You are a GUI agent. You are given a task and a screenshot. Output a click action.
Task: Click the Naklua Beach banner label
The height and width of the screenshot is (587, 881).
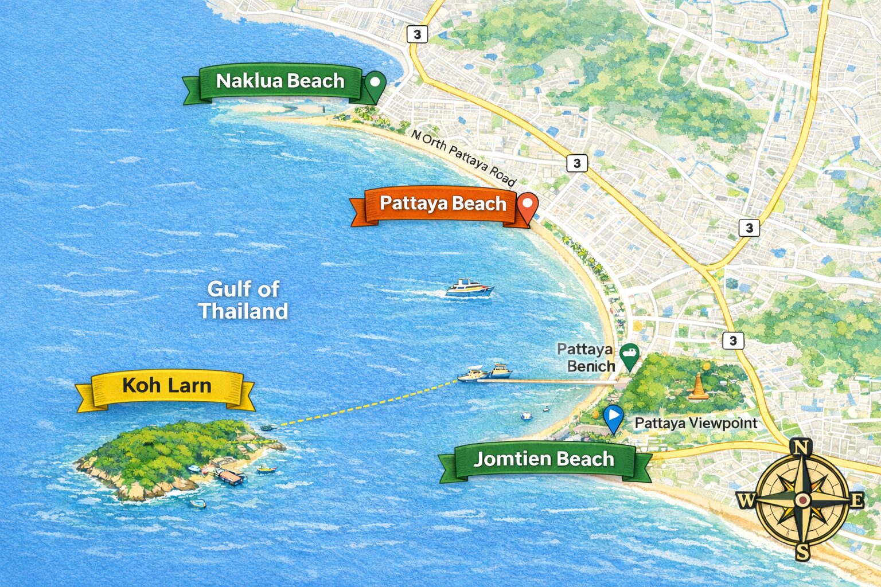click(x=280, y=81)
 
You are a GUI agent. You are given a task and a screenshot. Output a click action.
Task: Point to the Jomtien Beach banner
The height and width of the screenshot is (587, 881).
click(x=544, y=459)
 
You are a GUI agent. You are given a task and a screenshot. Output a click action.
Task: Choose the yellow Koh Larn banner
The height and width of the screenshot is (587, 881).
click(x=166, y=386)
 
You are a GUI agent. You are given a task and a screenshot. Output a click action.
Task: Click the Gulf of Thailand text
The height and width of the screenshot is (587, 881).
click(x=243, y=300)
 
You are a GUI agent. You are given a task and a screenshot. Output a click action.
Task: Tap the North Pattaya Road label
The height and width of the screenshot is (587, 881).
click(x=463, y=156)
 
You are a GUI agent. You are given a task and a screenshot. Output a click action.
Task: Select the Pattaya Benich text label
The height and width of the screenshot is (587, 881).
click(x=585, y=357)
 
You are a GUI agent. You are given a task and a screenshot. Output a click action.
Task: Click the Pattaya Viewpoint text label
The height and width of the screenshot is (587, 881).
click(x=696, y=424)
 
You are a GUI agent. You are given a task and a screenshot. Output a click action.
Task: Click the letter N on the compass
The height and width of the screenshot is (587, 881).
click(x=801, y=446)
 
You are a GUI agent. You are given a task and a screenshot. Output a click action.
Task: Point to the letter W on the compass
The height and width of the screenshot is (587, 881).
click(x=746, y=500)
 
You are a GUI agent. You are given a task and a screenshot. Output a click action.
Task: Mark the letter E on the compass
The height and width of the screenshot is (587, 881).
click(x=856, y=500)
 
